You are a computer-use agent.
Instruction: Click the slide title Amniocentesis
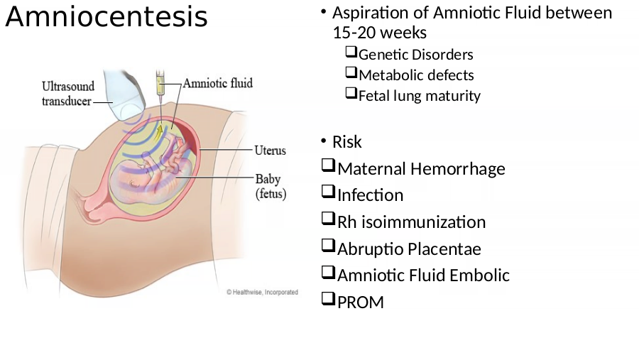tap(106, 17)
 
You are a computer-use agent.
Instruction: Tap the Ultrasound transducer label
tap(68, 94)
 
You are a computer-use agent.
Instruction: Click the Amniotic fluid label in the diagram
tap(218, 83)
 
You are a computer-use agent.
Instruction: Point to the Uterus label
tap(271, 151)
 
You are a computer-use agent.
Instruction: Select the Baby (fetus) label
tap(271, 186)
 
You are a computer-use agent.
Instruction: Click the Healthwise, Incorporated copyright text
tap(263, 292)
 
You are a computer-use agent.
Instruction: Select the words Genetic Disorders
tap(415, 55)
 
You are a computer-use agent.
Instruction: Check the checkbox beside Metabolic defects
tap(351, 72)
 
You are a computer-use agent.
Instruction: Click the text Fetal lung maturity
tap(420, 96)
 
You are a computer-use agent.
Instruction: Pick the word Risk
tap(346, 142)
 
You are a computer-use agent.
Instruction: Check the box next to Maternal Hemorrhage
tap(328, 165)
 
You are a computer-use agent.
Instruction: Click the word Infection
tap(371, 195)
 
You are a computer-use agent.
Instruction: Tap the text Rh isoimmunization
tap(412, 222)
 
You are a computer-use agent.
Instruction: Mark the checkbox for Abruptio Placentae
tap(328, 246)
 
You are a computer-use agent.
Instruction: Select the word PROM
tap(361, 302)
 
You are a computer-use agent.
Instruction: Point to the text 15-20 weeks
tap(380, 33)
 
